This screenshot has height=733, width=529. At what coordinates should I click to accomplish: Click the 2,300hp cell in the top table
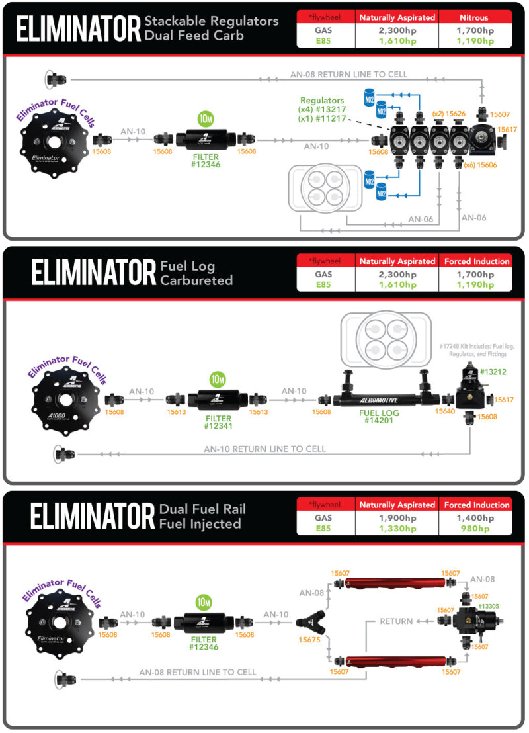pos(396,30)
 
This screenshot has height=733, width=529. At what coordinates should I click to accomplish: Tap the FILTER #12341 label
pos(218,423)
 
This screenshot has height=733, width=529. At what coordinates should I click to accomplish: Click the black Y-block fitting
pos(309,622)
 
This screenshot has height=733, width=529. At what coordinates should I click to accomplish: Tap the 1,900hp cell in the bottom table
pos(396,517)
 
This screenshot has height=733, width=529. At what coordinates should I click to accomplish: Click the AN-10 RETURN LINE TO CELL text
pos(264,449)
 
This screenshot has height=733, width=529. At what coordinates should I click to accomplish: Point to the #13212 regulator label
pos(493,372)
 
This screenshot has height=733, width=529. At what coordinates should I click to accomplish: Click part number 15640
pos(444,411)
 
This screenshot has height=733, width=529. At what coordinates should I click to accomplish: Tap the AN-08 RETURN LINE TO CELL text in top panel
pos(348,75)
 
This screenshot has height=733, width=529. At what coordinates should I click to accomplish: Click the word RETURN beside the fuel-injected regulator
pos(395,621)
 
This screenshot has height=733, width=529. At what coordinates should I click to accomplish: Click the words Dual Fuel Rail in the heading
pos(202,510)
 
